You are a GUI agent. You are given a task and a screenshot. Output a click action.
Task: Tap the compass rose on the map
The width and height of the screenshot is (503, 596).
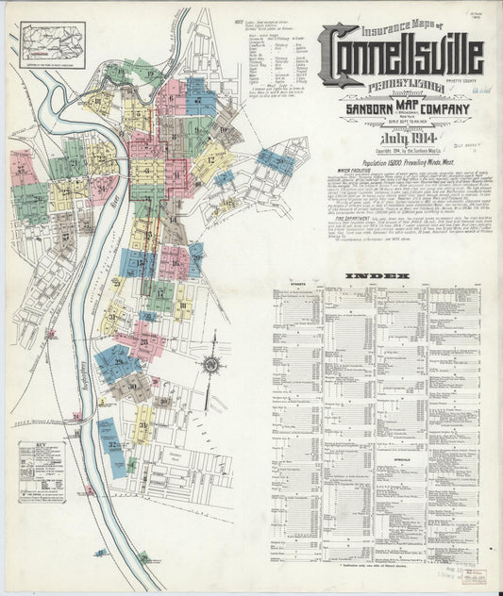point(211,364)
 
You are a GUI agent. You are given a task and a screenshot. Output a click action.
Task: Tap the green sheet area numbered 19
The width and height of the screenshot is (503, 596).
point(148,72)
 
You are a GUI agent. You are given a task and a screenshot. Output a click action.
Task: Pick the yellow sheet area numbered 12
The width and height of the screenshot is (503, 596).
point(210,161)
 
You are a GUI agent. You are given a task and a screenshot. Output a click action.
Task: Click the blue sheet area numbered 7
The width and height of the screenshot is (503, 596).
point(199,96)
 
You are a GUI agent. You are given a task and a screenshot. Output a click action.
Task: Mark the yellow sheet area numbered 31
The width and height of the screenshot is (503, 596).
point(142,424)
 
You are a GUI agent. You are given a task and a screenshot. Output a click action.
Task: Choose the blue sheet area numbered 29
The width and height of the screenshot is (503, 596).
point(119,361)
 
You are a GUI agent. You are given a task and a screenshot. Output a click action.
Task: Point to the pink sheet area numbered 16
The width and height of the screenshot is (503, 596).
point(172,263)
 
